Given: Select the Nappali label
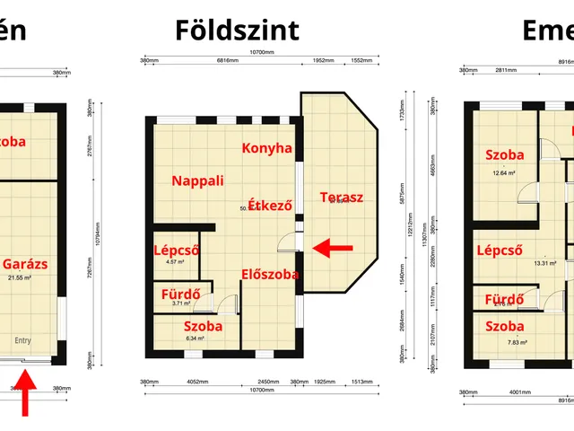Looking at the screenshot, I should [196, 180].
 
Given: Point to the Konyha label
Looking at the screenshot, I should [267, 148].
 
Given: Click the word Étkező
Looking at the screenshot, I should [271, 206].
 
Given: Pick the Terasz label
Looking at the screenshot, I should [341, 198].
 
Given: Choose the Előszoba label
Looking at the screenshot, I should [270, 274].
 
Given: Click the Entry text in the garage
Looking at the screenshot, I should [22, 340].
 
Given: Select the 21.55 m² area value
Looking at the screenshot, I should [33, 278].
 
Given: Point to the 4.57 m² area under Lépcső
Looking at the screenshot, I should [175, 262].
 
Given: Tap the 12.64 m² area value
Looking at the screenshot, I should [504, 173].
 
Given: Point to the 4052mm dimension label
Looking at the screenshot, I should [198, 383].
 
